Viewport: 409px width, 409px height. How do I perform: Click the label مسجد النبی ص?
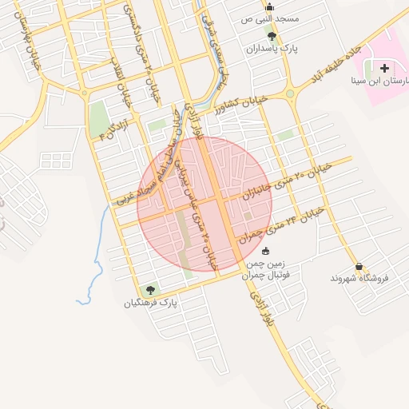tap(271, 18)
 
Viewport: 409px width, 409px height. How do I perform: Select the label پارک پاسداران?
tap(300, 50)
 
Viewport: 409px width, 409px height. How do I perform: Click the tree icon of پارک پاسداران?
tap(272, 36)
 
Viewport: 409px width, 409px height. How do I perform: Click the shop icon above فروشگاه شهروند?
tap(359, 266)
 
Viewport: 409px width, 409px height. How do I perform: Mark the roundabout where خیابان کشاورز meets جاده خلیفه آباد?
tap(288, 93)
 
